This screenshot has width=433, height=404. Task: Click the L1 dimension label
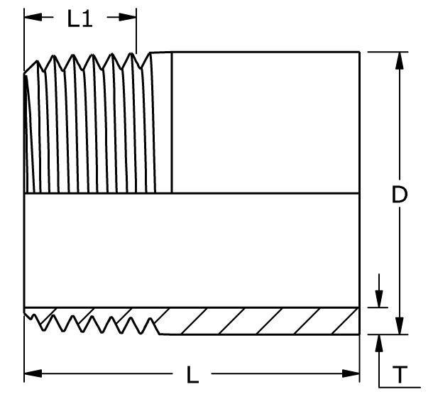[80, 18]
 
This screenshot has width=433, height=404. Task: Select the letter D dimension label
[400, 195]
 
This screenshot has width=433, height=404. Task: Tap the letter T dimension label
[400, 374]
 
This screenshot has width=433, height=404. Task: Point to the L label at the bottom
[192, 374]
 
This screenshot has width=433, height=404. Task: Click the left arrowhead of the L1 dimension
[33, 17]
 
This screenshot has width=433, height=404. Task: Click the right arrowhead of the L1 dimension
[127, 17]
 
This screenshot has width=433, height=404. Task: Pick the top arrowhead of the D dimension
[400, 60]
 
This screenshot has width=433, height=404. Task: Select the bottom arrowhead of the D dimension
[400, 326]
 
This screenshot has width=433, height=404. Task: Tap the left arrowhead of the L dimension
[33, 373]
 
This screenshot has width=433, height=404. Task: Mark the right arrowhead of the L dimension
[351, 373]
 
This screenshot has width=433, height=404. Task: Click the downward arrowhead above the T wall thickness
[379, 298]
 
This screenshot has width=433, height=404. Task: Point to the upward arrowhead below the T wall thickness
[379, 343]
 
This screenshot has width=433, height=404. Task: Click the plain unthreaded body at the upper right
[265, 123]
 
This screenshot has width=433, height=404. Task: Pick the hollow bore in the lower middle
[192, 250]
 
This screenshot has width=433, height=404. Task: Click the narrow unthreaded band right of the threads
[163, 123]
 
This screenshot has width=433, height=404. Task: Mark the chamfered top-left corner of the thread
[31, 67]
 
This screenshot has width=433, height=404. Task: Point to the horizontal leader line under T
[400, 387]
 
